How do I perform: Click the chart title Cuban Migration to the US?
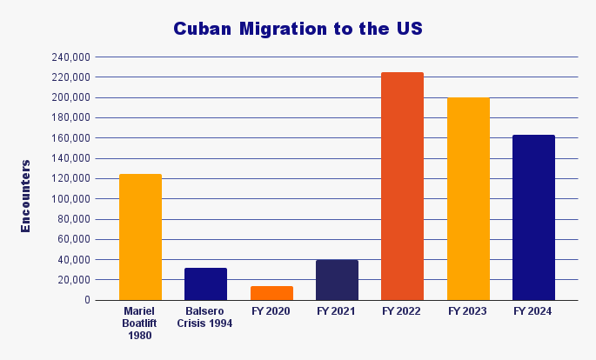[x=298, y=29]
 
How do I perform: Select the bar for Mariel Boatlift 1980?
[x=140, y=237]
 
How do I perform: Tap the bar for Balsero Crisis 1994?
[x=205, y=284]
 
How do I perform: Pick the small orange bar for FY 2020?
[x=271, y=293]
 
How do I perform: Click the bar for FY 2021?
[x=337, y=280]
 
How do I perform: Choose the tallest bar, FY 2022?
[x=402, y=186]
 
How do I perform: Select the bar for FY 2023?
[x=468, y=199]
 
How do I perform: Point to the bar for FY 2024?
[x=533, y=217]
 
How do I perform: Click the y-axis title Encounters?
[x=26, y=196]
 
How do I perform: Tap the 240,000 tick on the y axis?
[x=71, y=57]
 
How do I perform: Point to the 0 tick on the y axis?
[x=87, y=300]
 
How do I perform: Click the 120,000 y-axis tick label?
[x=71, y=178]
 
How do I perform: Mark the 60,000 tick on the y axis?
[x=74, y=239]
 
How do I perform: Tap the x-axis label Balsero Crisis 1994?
[x=205, y=317]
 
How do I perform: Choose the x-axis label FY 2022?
[x=402, y=311]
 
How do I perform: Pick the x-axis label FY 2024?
[x=533, y=311]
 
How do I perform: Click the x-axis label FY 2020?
[x=271, y=311]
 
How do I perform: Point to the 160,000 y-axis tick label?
[x=71, y=138]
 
